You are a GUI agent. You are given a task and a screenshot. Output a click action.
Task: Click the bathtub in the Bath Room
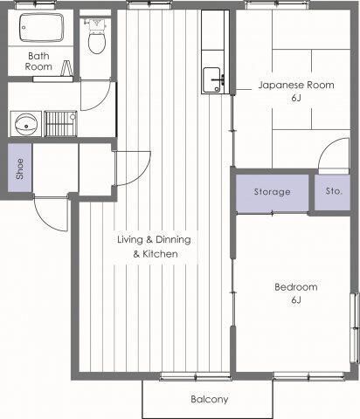[x=41, y=27]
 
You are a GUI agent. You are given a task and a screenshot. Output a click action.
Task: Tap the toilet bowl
[x=97, y=43]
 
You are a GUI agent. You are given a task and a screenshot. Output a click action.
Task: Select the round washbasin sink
[x=26, y=124]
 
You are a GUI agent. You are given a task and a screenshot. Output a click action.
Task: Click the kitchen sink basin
[x=211, y=80]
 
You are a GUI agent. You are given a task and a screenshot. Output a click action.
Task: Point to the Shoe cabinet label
[x=19, y=168]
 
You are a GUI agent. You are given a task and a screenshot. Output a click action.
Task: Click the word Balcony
[x=210, y=399]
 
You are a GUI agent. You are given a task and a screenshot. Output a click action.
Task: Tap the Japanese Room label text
[x=296, y=85]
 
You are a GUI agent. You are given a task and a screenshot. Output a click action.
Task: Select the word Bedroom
[x=296, y=287]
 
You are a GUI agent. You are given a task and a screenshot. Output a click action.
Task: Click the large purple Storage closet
[x=272, y=193]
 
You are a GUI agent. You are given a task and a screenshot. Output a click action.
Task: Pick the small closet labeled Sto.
[x=332, y=192]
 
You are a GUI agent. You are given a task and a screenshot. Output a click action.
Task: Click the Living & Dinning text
[x=154, y=239]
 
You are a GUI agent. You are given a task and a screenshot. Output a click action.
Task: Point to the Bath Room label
[x=38, y=61]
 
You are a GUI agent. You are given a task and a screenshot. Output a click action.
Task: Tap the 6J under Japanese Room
[x=296, y=98]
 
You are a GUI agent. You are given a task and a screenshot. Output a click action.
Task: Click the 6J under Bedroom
[x=296, y=299]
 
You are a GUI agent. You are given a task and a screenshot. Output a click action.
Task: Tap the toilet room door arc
[x=102, y=101]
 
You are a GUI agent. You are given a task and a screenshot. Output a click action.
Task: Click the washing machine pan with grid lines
[x=60, y=123]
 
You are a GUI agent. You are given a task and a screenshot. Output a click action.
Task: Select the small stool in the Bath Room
[x=67, y=68]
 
